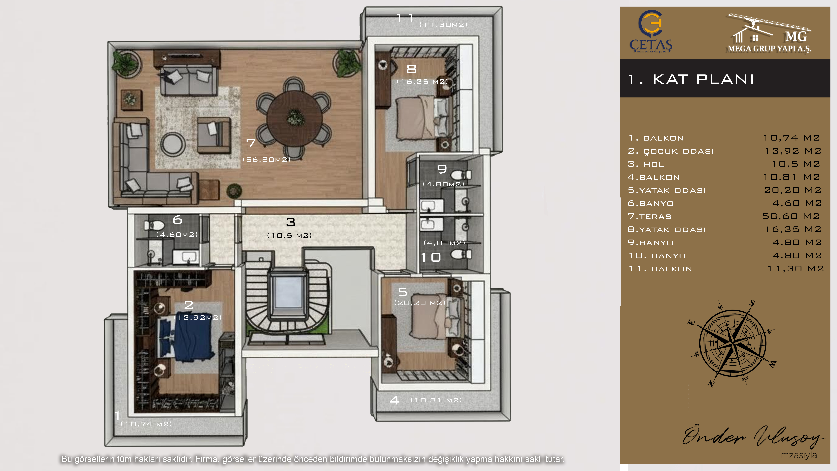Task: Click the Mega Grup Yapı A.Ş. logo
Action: (x=769, y=33)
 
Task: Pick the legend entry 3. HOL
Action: (x=646, y=164)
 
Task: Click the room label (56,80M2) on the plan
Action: (x=266, y=160)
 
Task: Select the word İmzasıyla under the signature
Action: (x=798, y=455)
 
